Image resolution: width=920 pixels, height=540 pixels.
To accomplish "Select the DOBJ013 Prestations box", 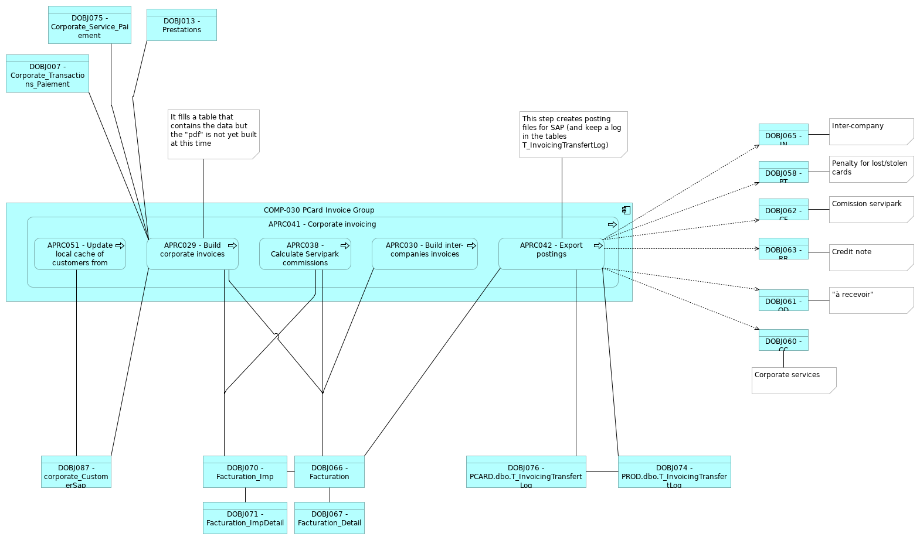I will (x=181, y=25).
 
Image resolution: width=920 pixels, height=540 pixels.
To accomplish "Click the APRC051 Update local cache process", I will (x=80, y=254).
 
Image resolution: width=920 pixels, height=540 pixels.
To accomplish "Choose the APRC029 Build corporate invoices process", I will (x=192, y=254).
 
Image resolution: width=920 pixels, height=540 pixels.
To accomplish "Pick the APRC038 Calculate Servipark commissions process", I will (x=305, y=254).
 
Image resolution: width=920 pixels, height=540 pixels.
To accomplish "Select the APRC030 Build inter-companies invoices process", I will (x=425, y=254).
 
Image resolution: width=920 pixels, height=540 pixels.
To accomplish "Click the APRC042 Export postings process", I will (x=551, y=254).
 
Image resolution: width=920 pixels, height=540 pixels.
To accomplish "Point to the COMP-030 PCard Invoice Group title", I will (x=318, y=210).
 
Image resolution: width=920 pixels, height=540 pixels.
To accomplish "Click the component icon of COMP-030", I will (x=626, y=210).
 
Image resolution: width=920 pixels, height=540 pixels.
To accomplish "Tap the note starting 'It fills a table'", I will (x=213, y=134).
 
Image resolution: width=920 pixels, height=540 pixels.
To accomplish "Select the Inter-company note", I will (x=871, y=132).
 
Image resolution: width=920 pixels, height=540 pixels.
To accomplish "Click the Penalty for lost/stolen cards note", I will (x=871, y=169).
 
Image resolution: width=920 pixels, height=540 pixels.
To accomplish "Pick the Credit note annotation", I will (x=871, y=258).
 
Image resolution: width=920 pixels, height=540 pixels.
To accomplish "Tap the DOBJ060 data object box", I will (x=783, y=340).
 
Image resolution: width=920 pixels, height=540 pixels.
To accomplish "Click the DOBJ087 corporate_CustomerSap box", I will (x=76, y=472).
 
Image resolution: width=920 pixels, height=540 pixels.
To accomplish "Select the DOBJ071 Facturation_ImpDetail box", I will (x=245, y=518).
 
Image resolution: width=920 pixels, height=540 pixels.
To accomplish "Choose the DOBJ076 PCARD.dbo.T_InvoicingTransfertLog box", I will (x=526, y=472).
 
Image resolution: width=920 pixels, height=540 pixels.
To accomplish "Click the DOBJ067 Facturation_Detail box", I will (x=330, y=518).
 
